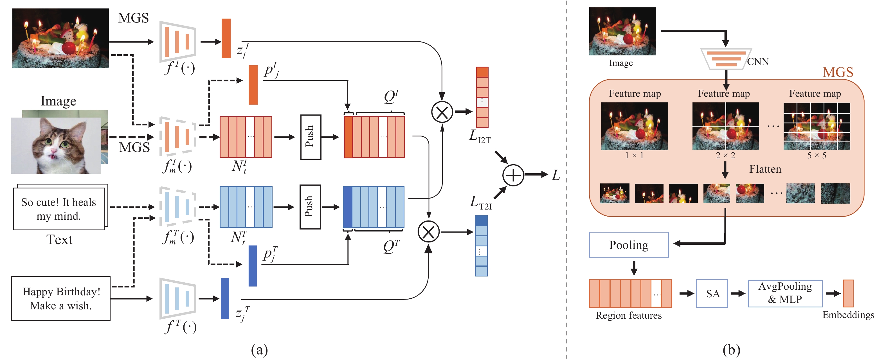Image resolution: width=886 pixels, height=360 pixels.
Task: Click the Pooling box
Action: click(628, 244)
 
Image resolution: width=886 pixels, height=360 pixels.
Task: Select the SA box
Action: click(712, 293)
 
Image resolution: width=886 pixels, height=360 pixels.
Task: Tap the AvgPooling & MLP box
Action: click(784, 293)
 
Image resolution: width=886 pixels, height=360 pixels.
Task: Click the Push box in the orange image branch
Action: click(310, 137)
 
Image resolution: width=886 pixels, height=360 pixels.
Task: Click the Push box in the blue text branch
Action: click(310, 207)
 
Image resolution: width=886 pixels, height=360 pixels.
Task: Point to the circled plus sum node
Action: click(513, 175)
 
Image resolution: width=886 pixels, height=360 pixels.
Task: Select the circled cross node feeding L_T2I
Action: click(428, 232)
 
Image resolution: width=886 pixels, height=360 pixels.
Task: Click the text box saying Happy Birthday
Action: click(60, 298)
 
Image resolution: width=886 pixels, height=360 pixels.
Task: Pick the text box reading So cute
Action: click(59, 209)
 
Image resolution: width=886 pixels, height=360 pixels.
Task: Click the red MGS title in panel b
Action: click(838, 72)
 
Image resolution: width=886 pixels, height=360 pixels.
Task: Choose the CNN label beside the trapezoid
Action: click(758, 62)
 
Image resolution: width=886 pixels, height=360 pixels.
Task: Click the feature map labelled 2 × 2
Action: click(725, 126)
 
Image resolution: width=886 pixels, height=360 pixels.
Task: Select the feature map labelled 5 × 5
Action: click(817, 126)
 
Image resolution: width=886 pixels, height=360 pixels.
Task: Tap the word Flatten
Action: click(765, 169)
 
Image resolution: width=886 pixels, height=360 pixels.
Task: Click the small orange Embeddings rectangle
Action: click(848, 293)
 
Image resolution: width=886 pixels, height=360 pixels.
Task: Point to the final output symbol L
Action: click(556, 175)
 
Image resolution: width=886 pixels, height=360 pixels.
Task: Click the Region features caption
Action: click(628, 315)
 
